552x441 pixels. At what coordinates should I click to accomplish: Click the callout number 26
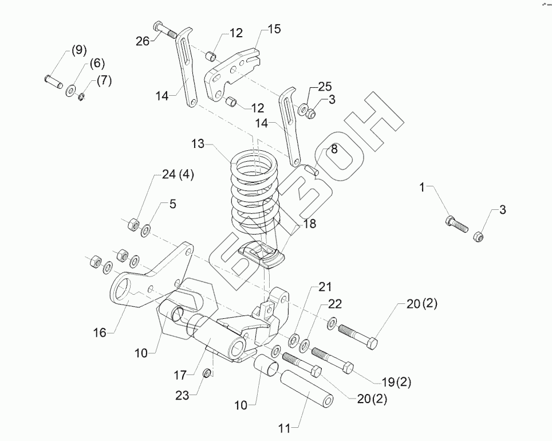pos(143,41)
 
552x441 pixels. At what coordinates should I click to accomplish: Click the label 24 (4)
pos(178,175)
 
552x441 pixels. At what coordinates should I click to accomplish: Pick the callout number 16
pos(100,332)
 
